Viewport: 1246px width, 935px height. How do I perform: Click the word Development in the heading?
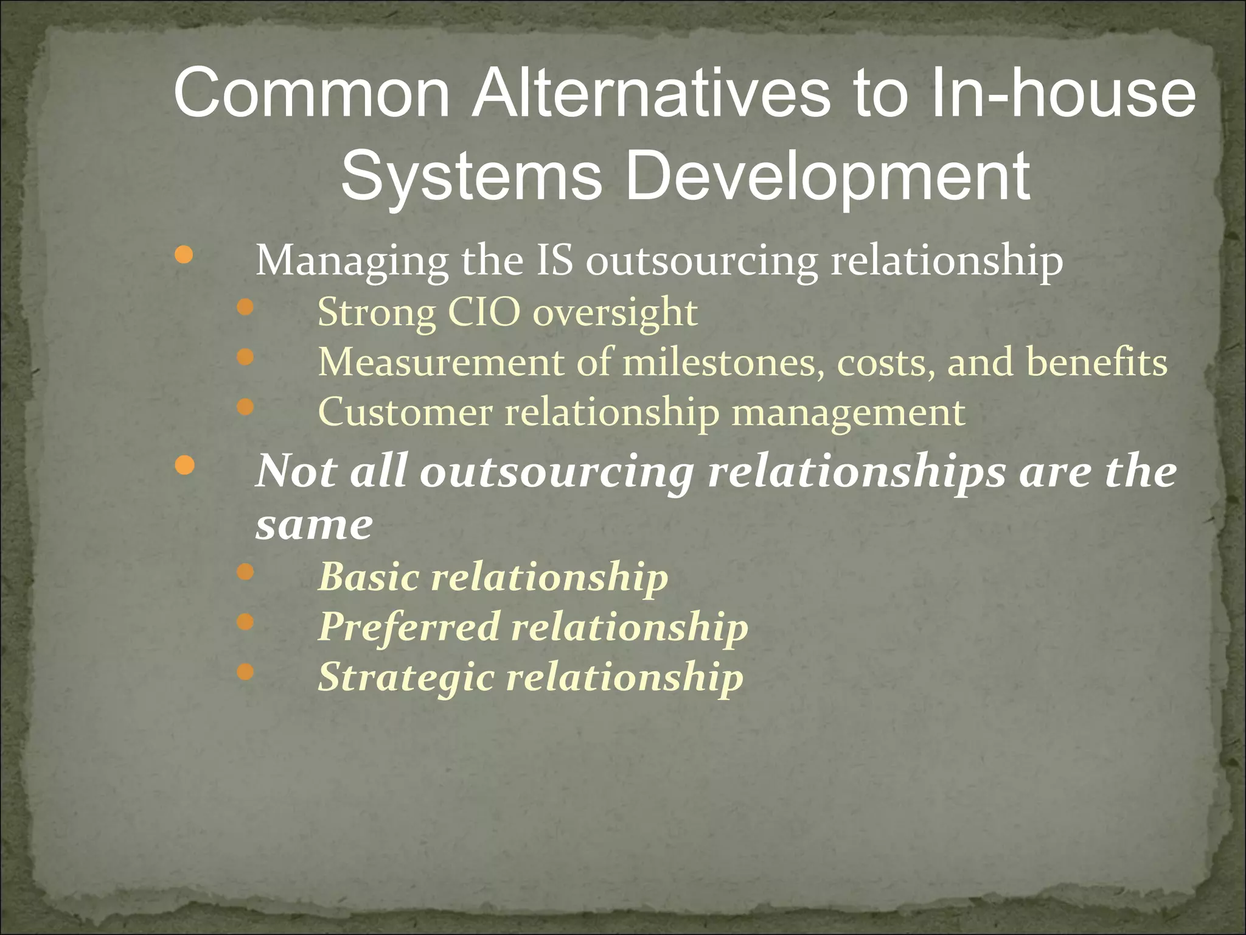click(x=827, y=177)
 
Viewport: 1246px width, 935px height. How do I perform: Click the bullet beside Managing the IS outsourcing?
click(x=183, y=255)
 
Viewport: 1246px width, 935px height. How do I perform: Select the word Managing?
click(x=352, y=262)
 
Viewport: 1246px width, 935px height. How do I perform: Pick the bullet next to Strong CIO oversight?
click(x=245, y=307)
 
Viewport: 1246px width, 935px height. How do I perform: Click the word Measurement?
click(x=441, y=362)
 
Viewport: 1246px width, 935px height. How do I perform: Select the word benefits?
click(x=1097, y=362)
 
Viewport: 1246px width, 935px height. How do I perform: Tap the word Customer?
click(x=405, y=412)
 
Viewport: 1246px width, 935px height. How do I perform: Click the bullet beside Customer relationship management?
click(x=245, y=407)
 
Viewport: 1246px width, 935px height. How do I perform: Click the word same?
click(x=314, y=525)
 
